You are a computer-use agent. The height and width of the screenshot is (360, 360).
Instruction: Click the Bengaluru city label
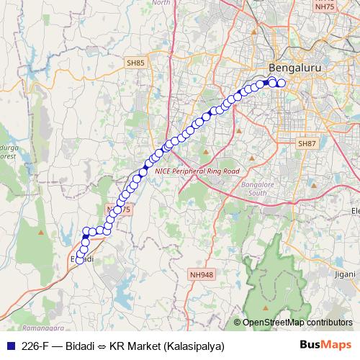(x=293, y=68)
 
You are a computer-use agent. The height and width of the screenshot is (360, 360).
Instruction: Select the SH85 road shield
(x=135, y=63)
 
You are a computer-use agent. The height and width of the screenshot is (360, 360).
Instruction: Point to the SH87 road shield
(x=307, y=144)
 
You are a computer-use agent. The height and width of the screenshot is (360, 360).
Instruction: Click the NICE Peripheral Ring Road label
(x=192, y=171)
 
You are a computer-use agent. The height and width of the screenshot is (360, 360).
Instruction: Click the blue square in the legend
(x=10, y=345)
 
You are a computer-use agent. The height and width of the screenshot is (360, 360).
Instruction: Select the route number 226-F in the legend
(x=37, y=345)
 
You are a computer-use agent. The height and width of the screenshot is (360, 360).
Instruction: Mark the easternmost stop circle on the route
(x=282, y=84)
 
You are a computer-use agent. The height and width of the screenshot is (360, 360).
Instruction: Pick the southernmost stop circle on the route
(x=80, y=260)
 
